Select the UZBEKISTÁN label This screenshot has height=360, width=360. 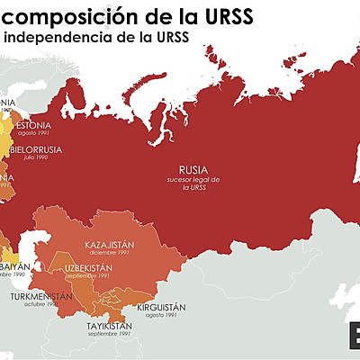click(87, 268)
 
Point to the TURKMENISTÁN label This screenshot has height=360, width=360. click(41, 295)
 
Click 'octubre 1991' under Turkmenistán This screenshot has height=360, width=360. click(40, 304)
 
